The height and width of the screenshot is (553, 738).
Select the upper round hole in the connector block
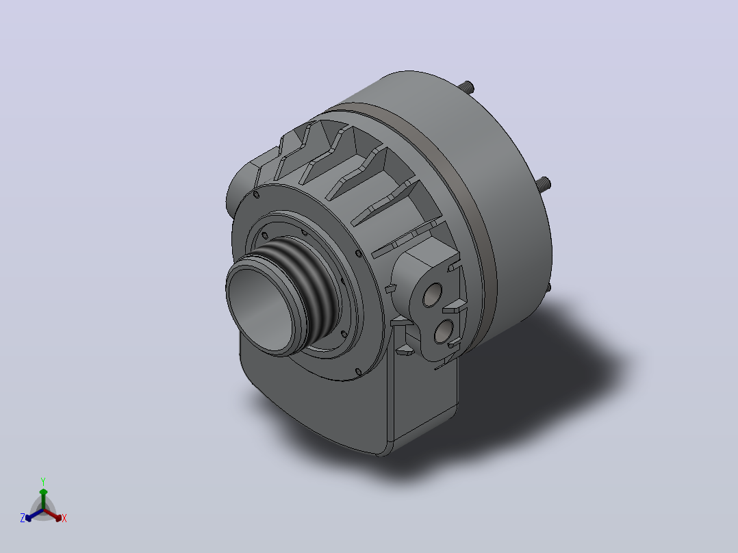432,295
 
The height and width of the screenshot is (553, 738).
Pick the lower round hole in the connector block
444,331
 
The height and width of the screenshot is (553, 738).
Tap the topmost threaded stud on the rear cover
468,87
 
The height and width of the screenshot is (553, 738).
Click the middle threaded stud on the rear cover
544,183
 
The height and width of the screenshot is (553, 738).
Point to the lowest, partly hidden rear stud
548,287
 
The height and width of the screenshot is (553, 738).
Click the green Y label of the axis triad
43,481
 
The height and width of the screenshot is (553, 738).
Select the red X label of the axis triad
64,518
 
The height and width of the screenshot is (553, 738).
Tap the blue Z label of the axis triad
23,518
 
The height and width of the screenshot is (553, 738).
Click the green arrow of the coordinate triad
43,500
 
